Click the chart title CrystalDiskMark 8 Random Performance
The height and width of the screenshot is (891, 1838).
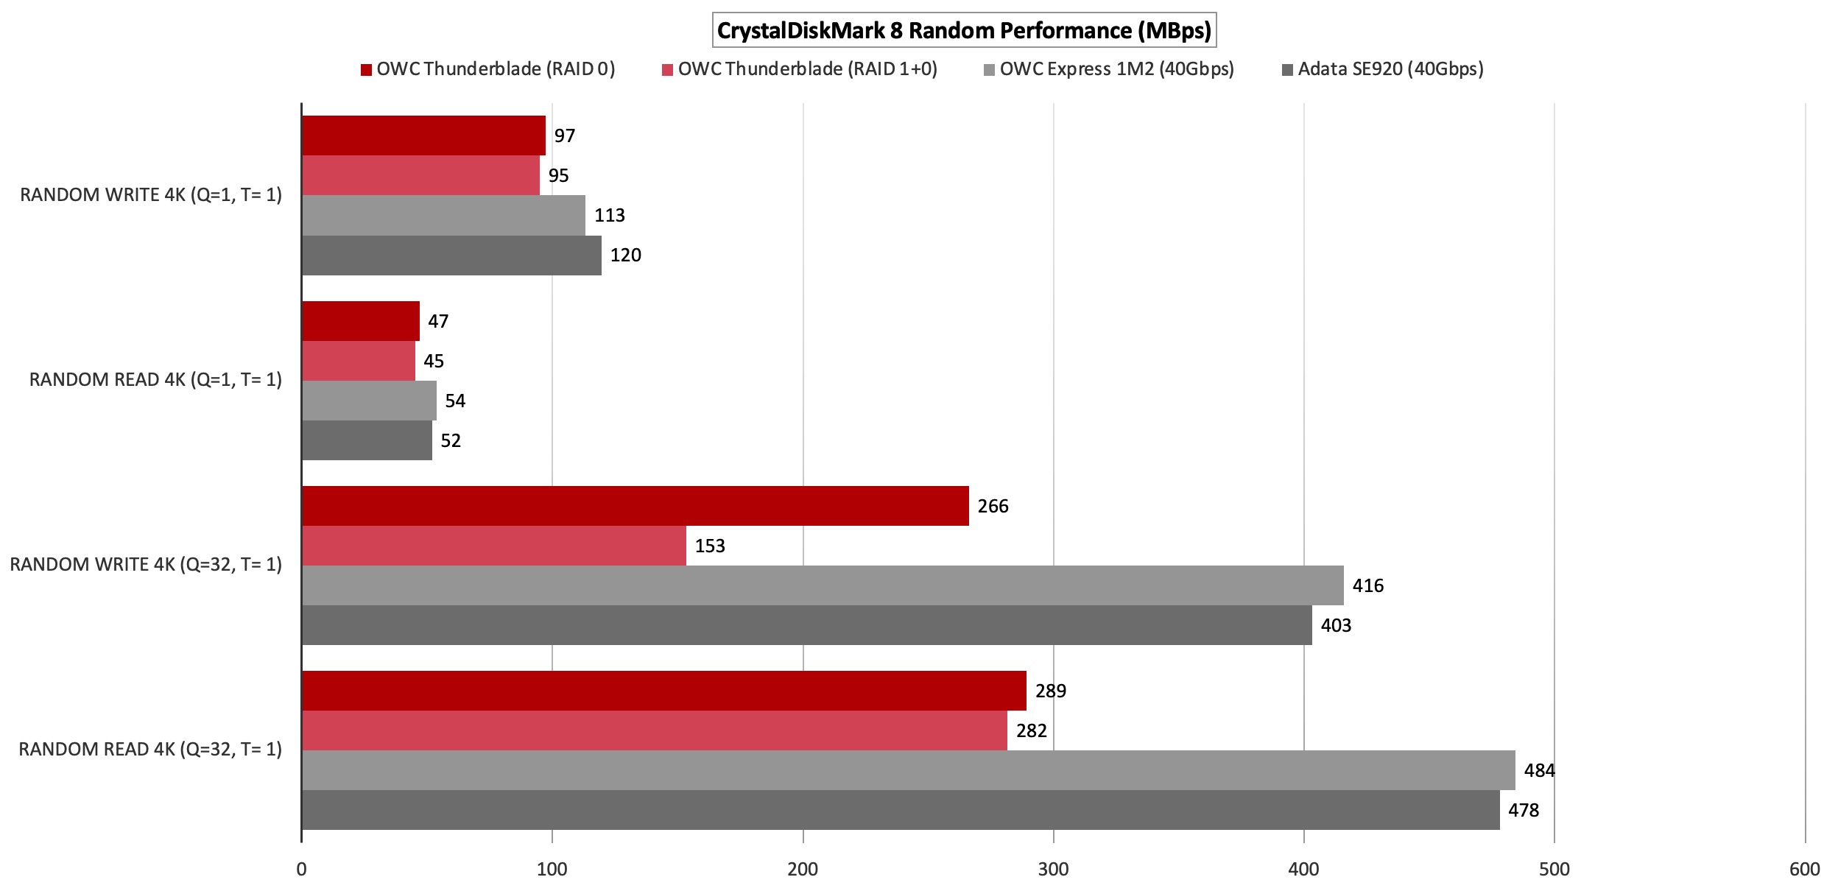pyautogui.click(x=964, y=30)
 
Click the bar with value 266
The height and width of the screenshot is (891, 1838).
pyautogui.click(x=635, y=506)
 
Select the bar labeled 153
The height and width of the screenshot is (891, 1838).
pyautogui.click(x=493, y=546)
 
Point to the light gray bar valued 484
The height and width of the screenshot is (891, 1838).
pyautogui.click(x=908, y=770)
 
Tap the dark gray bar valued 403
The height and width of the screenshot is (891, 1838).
pyautogui.click(x=806, y=625)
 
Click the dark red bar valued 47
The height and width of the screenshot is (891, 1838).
pyautogui.click(x=360, y=321)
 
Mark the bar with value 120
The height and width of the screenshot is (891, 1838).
pyautogui.click(x=451, y=256)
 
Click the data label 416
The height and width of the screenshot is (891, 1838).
pyautogui.click(x=1367, y=585)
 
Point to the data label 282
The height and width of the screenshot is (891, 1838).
pyautogui.click(x=1031, y=730)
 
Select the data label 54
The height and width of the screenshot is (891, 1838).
pyautogui.click(x=455, y=401)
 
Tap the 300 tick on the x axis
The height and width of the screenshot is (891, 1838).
pyautogui.click(x=1053, y=869)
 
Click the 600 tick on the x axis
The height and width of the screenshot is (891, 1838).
pyautogui.click(x=1804, y=869)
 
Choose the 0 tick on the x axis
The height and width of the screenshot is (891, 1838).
pyautogui.click(x=301, y=869)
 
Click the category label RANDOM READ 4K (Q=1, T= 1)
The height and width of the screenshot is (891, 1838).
pyautogui.click(x=155, y=379)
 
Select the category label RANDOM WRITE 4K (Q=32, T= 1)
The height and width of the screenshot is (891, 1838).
pyautogui.click(x=146, y=564)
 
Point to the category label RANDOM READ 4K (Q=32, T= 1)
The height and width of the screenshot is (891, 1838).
pyautogui.click(x=150, y=749)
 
